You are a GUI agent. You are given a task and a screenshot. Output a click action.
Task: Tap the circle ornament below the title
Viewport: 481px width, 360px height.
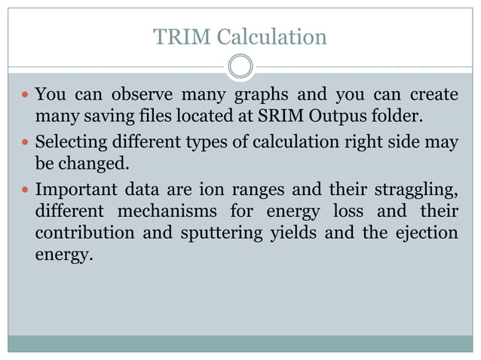(240, 66)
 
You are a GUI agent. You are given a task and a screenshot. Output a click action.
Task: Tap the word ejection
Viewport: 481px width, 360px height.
(430, 232)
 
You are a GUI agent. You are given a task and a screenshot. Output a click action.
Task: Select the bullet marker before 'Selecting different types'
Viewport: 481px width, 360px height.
(26, 142)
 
